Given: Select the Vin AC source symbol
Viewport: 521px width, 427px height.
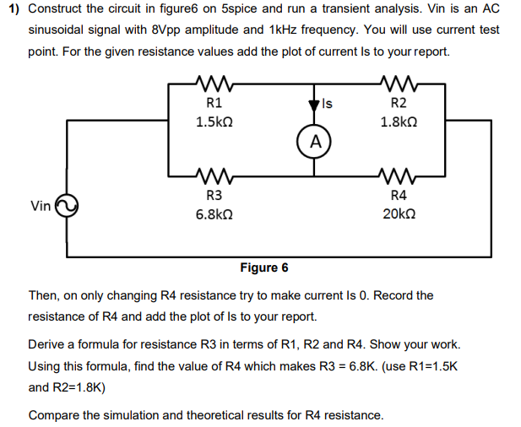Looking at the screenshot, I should pos(66,206).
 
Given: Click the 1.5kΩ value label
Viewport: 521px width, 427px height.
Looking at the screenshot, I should pos(214,122).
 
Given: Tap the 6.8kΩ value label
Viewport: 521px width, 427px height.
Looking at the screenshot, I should pos(214,215).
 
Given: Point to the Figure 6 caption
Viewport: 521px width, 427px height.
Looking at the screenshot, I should pos(263,268).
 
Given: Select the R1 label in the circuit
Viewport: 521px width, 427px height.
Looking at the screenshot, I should pos(214,104).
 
